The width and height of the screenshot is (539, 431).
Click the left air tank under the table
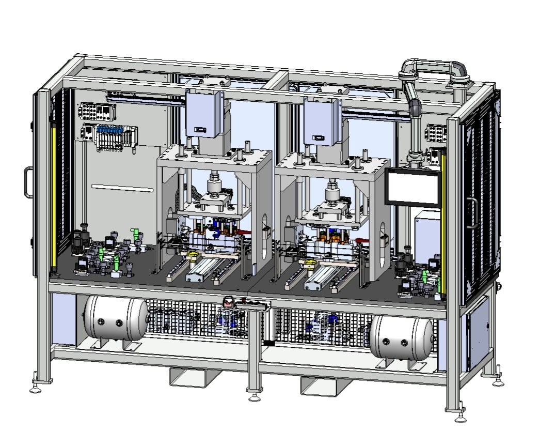(x=115, y=319)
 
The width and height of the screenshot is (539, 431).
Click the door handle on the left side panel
(x=27, y=182)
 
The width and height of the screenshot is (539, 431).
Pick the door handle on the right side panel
(x=471, y=212)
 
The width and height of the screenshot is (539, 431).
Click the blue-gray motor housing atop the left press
(x=205, y=114)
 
